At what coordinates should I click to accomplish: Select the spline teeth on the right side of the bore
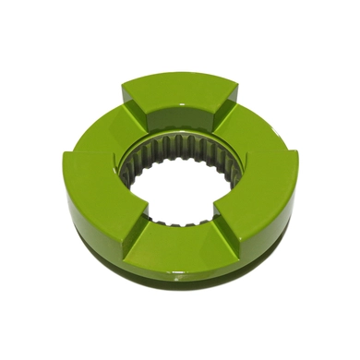tap(222, 175)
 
